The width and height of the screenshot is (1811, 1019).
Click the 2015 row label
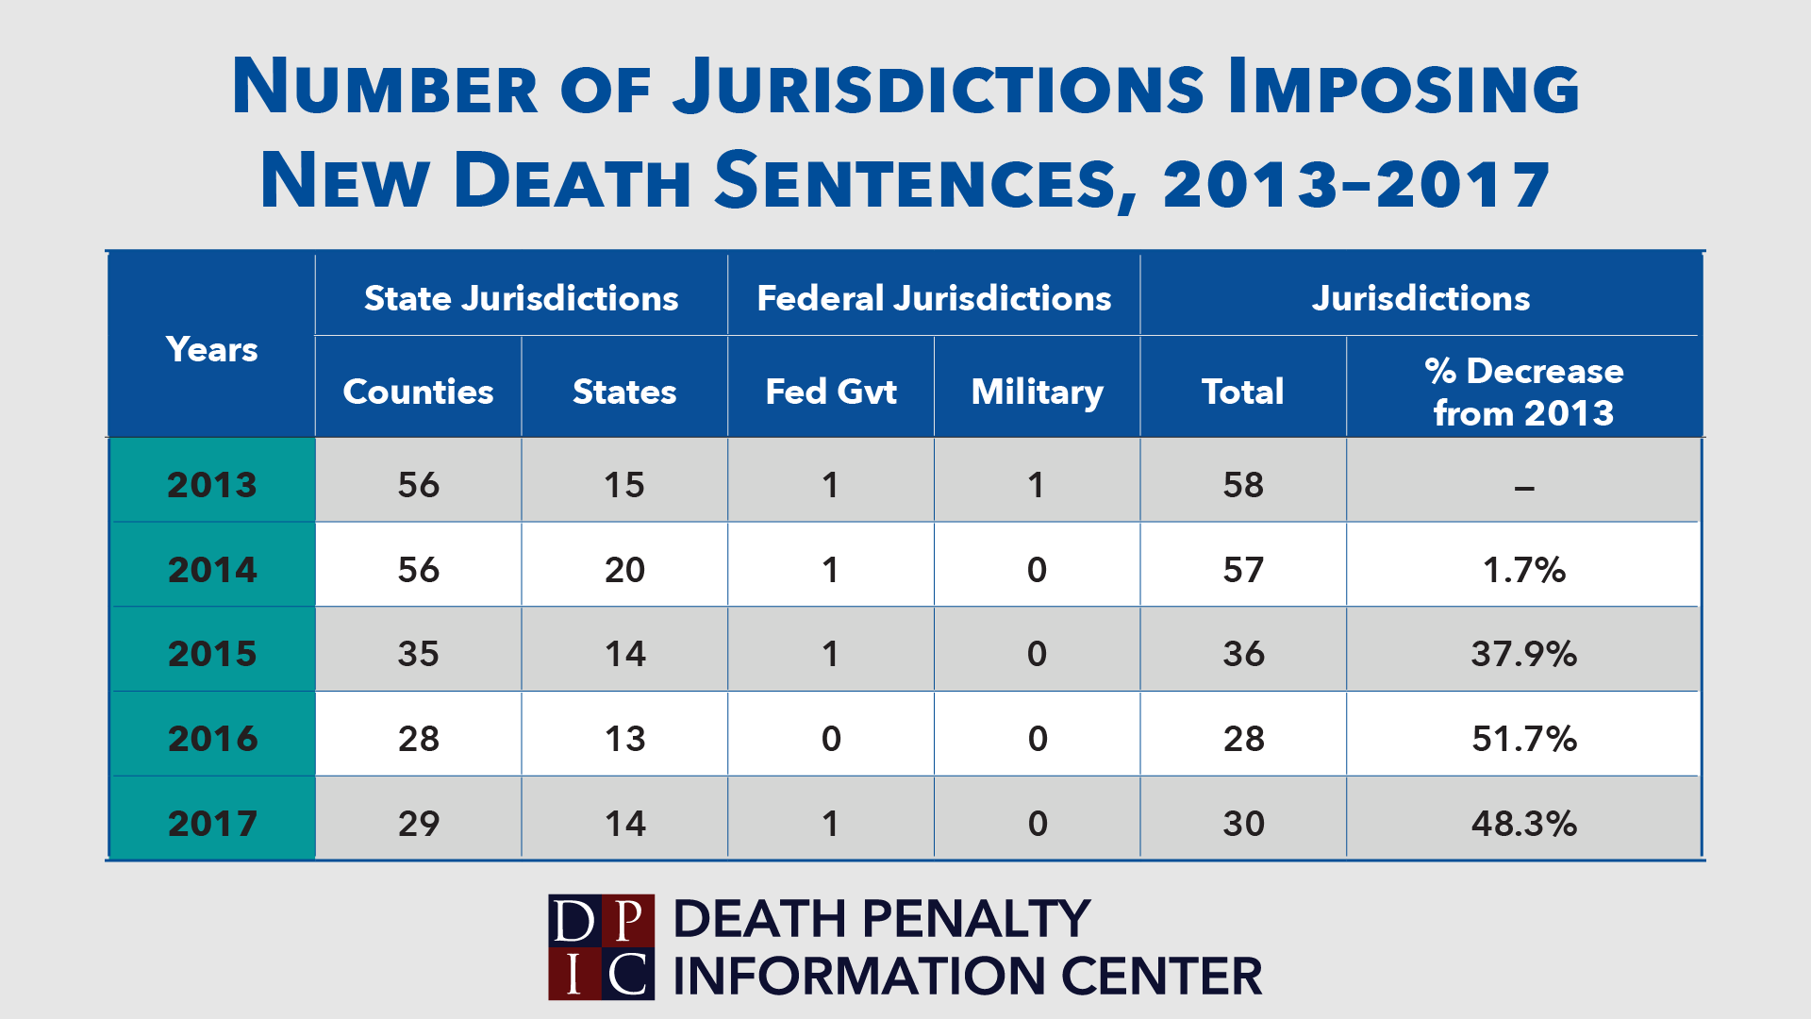212,653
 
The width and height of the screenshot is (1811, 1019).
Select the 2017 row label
212,823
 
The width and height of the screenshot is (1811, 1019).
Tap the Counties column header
418,392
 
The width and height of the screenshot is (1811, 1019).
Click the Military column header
1037,392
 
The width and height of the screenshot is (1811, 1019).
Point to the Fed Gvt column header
830,392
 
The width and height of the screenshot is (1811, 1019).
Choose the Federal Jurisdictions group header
934,298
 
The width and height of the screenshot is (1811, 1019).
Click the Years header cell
212,349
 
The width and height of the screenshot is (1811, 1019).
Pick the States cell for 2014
624,569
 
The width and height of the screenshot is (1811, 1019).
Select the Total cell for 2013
1243,485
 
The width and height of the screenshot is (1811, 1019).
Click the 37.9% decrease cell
1523,653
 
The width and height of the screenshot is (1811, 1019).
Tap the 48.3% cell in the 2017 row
1523,823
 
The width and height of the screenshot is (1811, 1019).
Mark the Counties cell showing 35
418,653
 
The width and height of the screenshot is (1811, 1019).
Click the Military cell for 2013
1037,485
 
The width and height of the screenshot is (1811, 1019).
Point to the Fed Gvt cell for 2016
830,738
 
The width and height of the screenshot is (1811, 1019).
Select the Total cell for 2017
1243,823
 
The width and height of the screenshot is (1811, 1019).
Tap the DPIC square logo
601,946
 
